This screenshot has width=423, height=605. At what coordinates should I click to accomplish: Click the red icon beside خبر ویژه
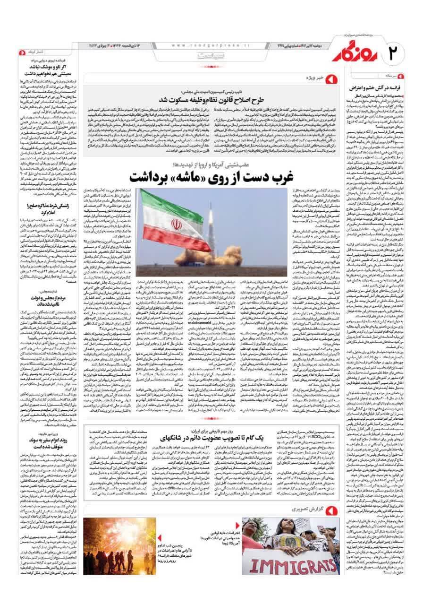(330, 77)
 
